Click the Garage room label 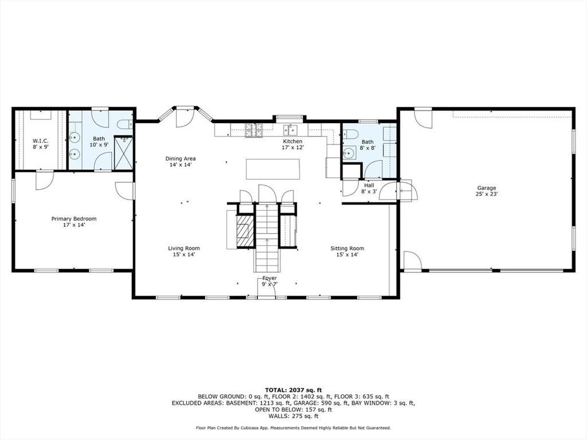pos(486,188)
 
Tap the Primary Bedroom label pos(74,218)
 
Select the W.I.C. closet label pos(41,141)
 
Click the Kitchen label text pos(292,141)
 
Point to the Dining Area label pos(181,158)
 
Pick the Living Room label pos(184,248)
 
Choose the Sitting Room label pos(347,248)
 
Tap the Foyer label pos(269,278)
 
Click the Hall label pos(369,185)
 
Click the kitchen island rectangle pos(273,169)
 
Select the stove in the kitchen pos(253,130)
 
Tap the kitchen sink pos(290,130)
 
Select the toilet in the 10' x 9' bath pos(124,124)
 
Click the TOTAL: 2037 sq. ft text pos(293,390)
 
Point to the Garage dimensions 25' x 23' pos(487,194)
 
